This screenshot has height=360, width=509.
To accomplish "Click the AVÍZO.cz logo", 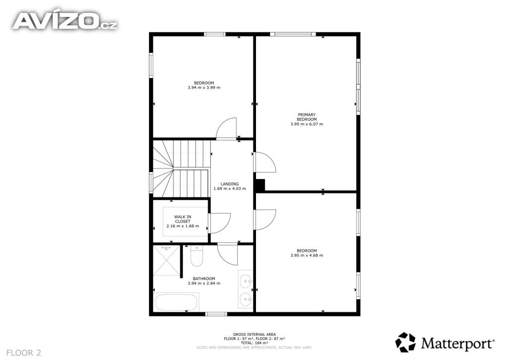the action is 65,21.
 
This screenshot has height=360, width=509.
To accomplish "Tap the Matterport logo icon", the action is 405,342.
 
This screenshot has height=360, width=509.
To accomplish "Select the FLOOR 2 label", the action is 24,353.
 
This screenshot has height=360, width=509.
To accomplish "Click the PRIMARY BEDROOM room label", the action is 306,117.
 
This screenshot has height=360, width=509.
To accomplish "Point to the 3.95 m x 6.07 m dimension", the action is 306,124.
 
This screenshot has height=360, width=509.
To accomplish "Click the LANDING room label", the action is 230,184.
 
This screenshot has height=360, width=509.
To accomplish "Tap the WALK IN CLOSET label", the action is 183,219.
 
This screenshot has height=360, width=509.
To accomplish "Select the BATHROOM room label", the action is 204,278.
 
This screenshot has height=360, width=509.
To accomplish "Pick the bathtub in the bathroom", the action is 176,302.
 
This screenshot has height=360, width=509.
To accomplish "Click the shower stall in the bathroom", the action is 166,261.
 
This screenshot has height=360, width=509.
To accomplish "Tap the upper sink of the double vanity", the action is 246,280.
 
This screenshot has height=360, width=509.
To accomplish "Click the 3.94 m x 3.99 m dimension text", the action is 204,88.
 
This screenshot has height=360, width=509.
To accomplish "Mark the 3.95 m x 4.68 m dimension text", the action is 306,255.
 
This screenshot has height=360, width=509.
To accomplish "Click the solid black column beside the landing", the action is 259,185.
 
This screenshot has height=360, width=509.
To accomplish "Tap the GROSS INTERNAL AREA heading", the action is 254,334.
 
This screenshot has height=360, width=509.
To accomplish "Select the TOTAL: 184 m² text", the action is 254,343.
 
